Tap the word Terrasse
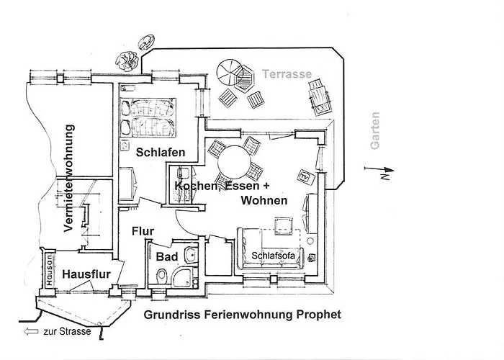tap(287, 74)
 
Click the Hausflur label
tap(85, 274)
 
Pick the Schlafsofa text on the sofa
tap(272, 256)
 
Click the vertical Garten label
tap(374, 131)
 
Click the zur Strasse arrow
tap(30, 332)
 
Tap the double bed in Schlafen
tap(150, 117)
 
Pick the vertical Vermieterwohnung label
tap(69, 178)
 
